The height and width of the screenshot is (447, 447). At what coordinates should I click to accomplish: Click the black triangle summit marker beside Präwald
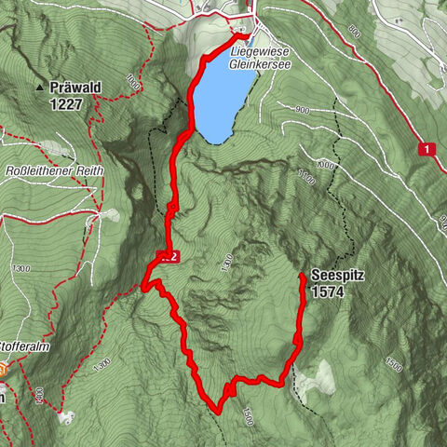[x=39, y=88]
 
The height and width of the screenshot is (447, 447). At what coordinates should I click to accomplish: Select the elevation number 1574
[x=332, y=291]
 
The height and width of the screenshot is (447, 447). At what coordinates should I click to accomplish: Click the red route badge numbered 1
[x=427, y=148]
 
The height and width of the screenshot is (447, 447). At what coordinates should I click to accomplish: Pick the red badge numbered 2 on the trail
[x=168, y=255]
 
